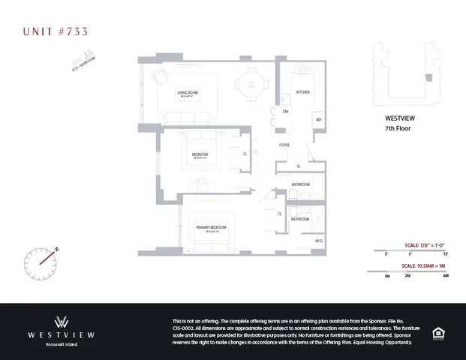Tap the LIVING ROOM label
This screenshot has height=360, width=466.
[187, 94]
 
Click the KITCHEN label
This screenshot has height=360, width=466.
[303, 92]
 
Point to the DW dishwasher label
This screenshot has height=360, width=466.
[286, 112]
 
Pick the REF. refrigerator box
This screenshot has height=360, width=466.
[319, 120]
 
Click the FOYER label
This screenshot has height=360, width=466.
[285, 145]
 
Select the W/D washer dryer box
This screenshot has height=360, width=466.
[318, 241]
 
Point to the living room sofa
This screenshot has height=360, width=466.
[186, 117]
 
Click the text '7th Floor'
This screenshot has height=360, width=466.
[397, 128]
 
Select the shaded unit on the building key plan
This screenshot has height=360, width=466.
[429, 77]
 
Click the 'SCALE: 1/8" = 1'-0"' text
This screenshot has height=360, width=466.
[425, 244]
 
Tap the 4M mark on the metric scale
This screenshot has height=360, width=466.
[446, 276]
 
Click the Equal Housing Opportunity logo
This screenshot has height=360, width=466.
[438, 331]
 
